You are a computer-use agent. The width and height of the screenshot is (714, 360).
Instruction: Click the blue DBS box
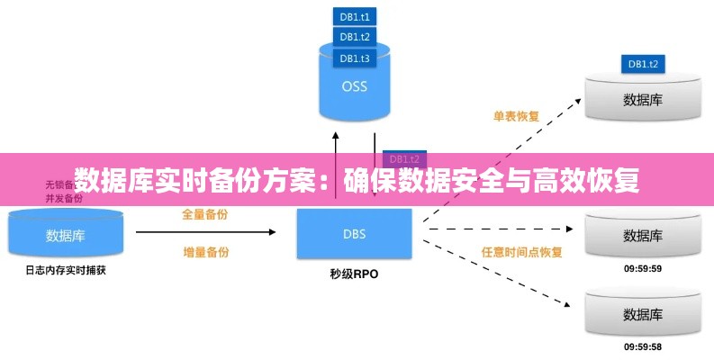[355, 235]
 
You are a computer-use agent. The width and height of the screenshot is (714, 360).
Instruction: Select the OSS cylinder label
[354, 87]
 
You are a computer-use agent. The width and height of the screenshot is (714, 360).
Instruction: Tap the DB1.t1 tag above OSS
[354, 15]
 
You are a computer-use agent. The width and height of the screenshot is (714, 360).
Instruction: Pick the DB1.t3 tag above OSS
[354, 58]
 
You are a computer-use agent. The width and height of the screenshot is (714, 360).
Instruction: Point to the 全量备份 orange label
[204, 214]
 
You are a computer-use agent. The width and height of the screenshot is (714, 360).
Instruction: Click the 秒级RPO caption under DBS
[355, 274]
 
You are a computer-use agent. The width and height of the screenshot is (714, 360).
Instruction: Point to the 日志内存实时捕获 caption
[65, 269]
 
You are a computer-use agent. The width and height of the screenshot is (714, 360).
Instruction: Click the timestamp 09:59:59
[643, 268]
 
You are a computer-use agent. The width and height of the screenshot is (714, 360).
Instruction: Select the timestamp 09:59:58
[643, 347]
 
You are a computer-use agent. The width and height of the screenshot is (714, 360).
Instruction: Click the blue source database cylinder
[65, 235]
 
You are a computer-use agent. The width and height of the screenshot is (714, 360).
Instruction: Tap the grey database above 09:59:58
[643, 314]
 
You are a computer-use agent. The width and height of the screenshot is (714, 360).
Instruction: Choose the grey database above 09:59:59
[643, 235]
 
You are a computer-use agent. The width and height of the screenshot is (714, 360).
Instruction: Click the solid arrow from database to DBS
[206, 232]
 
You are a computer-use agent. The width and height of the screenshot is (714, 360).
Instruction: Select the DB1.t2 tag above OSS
[354, 37]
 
